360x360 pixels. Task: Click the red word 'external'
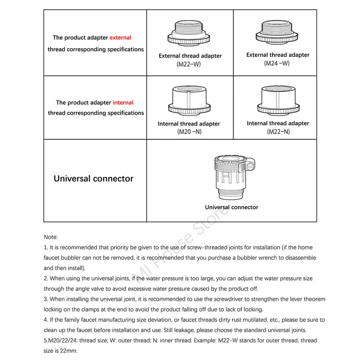(x=120, y=37)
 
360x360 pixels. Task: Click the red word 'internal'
(x=123, y=103)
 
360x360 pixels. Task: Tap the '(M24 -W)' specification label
(x=277, y=63)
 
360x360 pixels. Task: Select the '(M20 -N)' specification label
(x=189, y=132)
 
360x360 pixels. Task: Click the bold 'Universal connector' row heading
(x=94, y=179)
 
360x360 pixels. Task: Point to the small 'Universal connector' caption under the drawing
(x=231, y=207)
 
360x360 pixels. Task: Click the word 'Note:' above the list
(x=50, y=237)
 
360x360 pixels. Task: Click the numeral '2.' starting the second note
(x=46, y=279)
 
